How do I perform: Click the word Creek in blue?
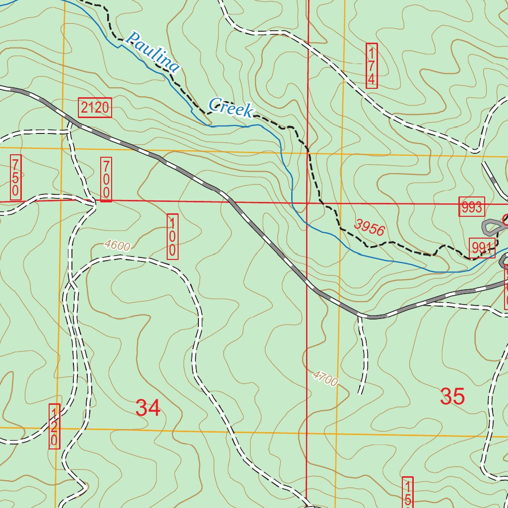click(x=231, y=108)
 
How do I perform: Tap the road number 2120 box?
click(x=95, y=108)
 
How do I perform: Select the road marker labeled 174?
click(x=372, y=65)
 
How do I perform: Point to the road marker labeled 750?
click(x=16, y=177)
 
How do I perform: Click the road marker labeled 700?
click(x=106, y=179)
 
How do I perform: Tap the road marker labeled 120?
click(x=54, y=426)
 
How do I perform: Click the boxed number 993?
click(x=471, y=207)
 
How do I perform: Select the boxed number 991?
click(x=482, y=248)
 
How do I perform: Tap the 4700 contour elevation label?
click(x=325, y=379)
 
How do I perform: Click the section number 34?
click(x=148, y=408)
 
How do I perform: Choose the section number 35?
click(x=452, y=396)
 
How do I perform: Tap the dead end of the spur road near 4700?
click(x=361, y=393)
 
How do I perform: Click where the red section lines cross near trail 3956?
click(x=308, y=203)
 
